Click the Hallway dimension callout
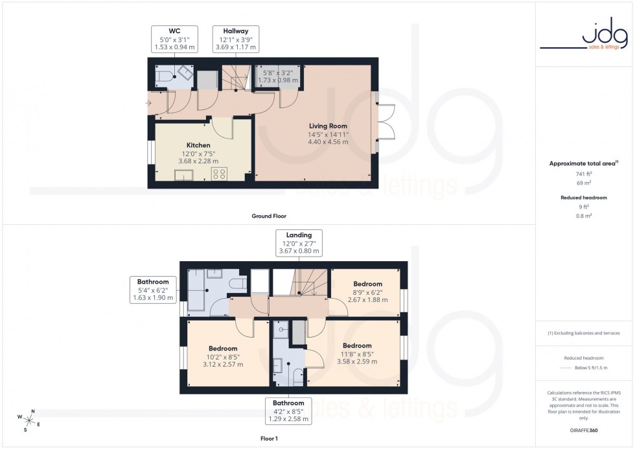236,40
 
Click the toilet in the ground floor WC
163,76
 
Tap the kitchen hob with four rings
219,174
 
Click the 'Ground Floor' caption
269,216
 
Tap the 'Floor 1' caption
268,439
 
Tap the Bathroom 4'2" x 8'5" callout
289,411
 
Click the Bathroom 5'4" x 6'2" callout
153,290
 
